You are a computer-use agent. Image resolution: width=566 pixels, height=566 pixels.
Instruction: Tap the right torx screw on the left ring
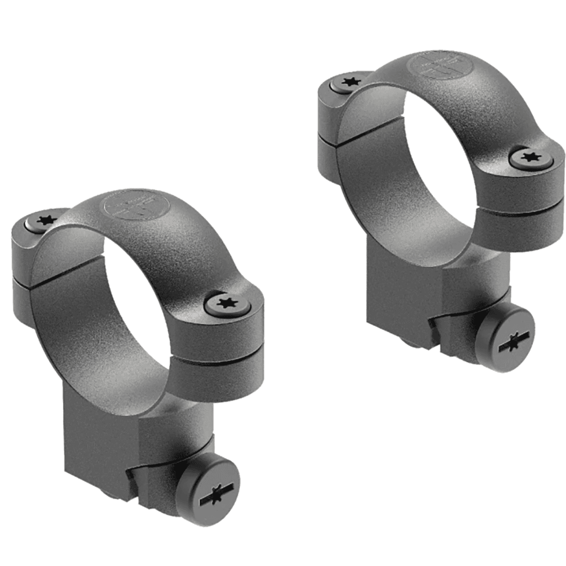[228, 304]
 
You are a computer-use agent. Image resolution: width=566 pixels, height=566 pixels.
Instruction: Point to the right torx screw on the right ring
[532, 159]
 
